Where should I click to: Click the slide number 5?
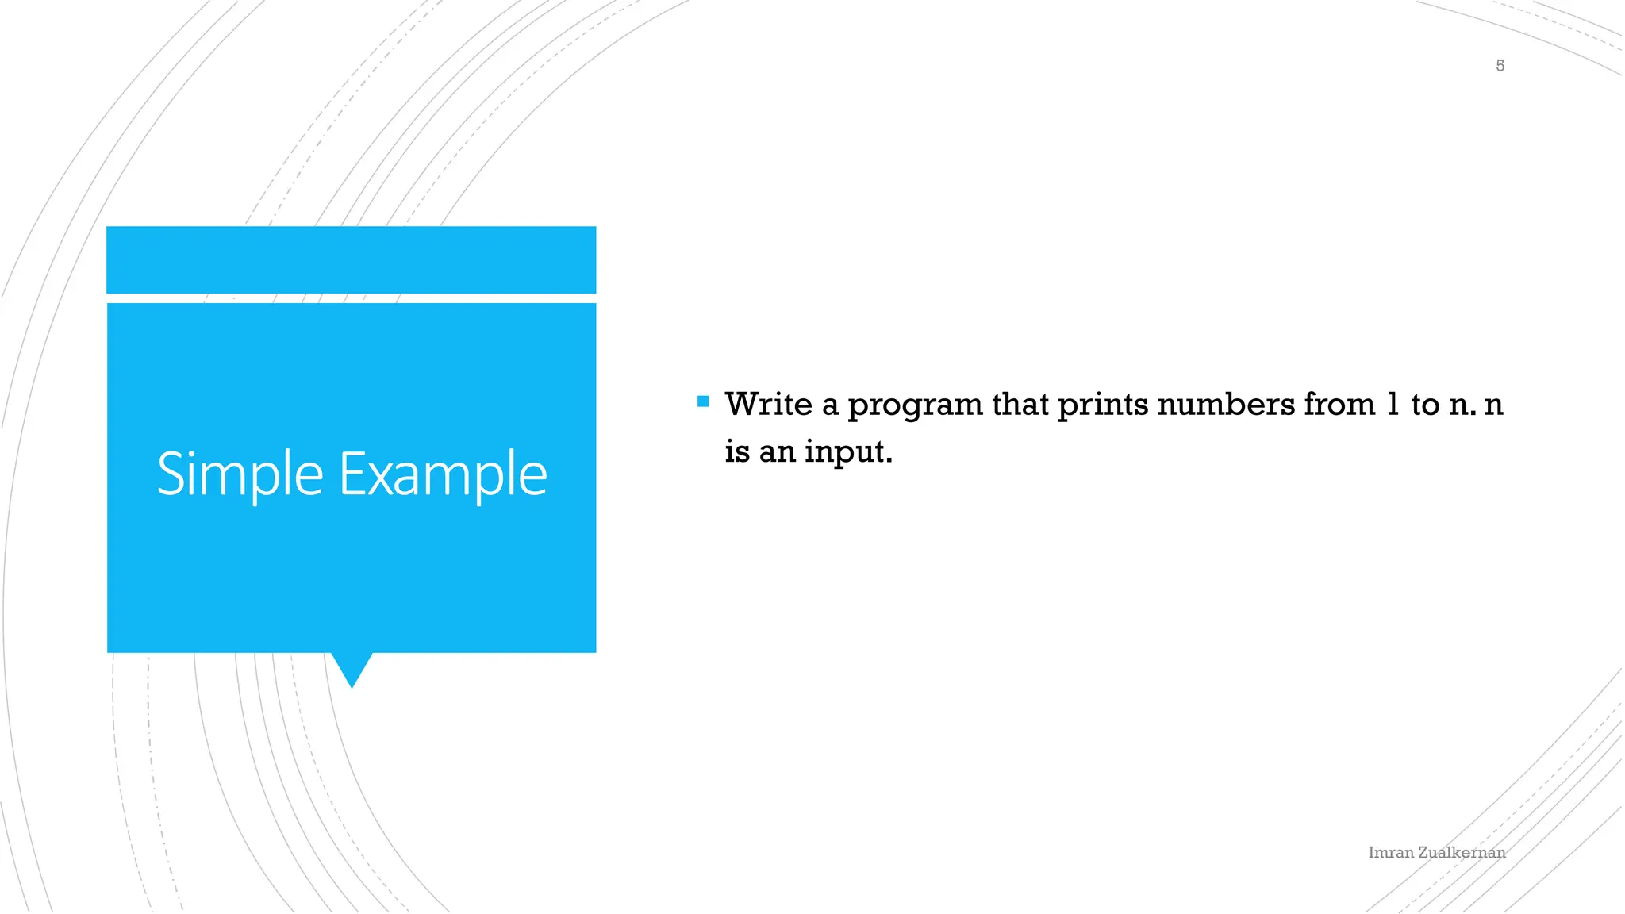[x=1500, y=66]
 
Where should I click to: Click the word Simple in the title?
[x=240, y=474]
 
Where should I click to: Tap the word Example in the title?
[x=443, y=474]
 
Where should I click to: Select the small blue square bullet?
[x=703, y=401]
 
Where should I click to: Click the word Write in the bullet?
[x=768, y=405]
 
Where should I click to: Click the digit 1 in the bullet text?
[x=1393, y=405]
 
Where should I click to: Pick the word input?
[x=847, y=452]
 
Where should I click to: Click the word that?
[x=1020, y=405]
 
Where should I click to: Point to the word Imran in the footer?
[x=1390, y=853]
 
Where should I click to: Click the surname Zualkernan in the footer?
[x=1462, y=853]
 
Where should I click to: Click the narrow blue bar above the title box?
[x=351, y=259]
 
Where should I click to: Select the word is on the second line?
[x=736, y=452]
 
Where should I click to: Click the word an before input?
[x=777, y=452]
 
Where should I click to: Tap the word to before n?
[x=1425, y=405]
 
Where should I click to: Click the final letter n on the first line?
[x=1493, y=405]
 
